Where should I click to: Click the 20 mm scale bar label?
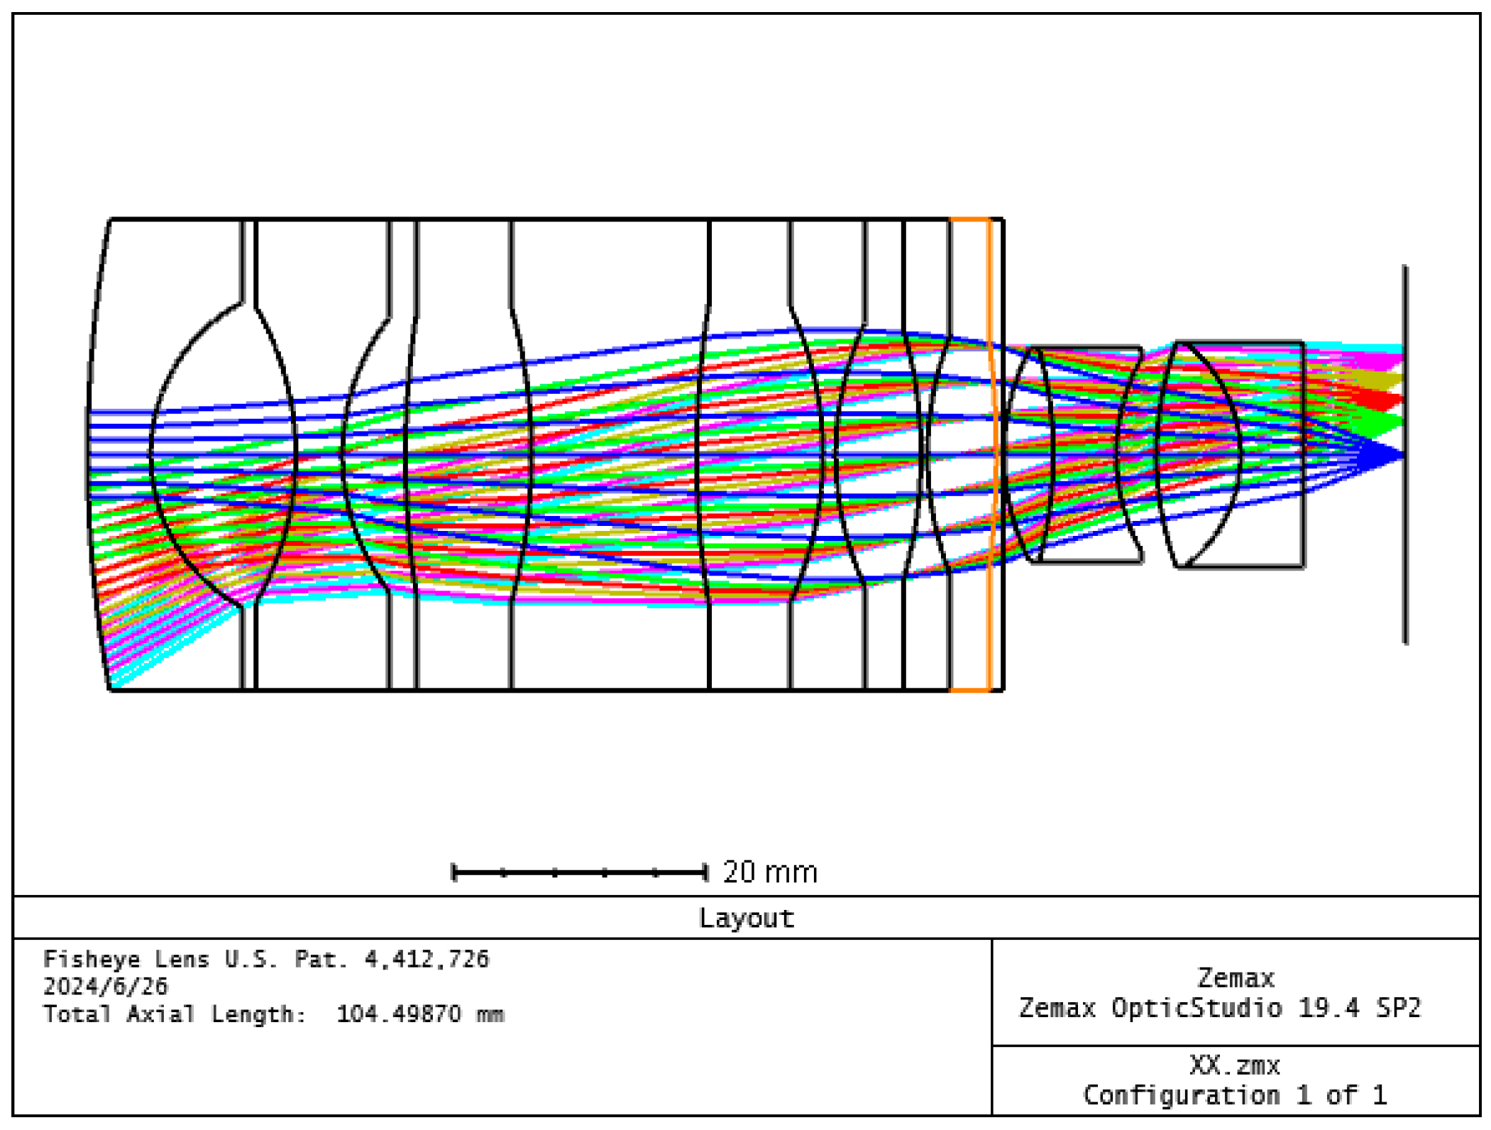point(769,872)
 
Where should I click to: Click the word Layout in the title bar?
point(746,918)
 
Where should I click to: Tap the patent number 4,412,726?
point(427,959)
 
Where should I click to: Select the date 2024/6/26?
point(106,986)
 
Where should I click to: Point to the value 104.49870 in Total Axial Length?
point(398,1014)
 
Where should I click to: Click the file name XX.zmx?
point(1234,1065)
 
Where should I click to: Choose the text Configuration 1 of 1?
point(1234,1095)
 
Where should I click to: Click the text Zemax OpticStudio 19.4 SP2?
point(1220,1008)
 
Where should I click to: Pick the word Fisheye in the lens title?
point(92,959)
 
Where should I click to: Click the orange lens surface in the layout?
point(991,454)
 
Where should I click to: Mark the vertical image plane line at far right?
point(1404,568)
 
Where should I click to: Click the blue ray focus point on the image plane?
point(1402,455)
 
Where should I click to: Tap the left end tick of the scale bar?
point(454,872)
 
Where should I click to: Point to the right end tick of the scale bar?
point(705,872)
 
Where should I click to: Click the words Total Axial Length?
point(175,1014)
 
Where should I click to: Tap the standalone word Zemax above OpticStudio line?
point(1235,978)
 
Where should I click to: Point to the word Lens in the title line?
point(182,959)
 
